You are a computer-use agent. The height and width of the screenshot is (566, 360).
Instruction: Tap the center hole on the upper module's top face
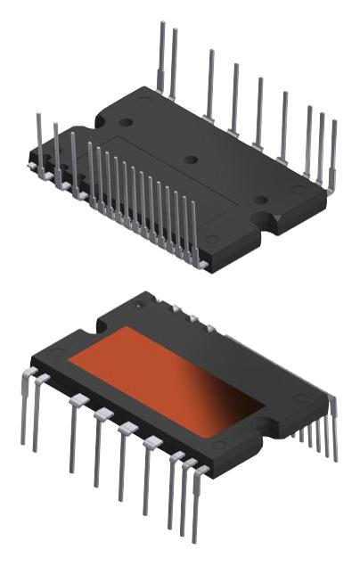(x=189, y=160)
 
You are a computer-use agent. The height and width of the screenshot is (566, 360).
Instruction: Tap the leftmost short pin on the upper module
(x=38, y=138)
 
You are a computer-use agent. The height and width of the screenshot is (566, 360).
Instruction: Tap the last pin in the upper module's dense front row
(x=193, y=232)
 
